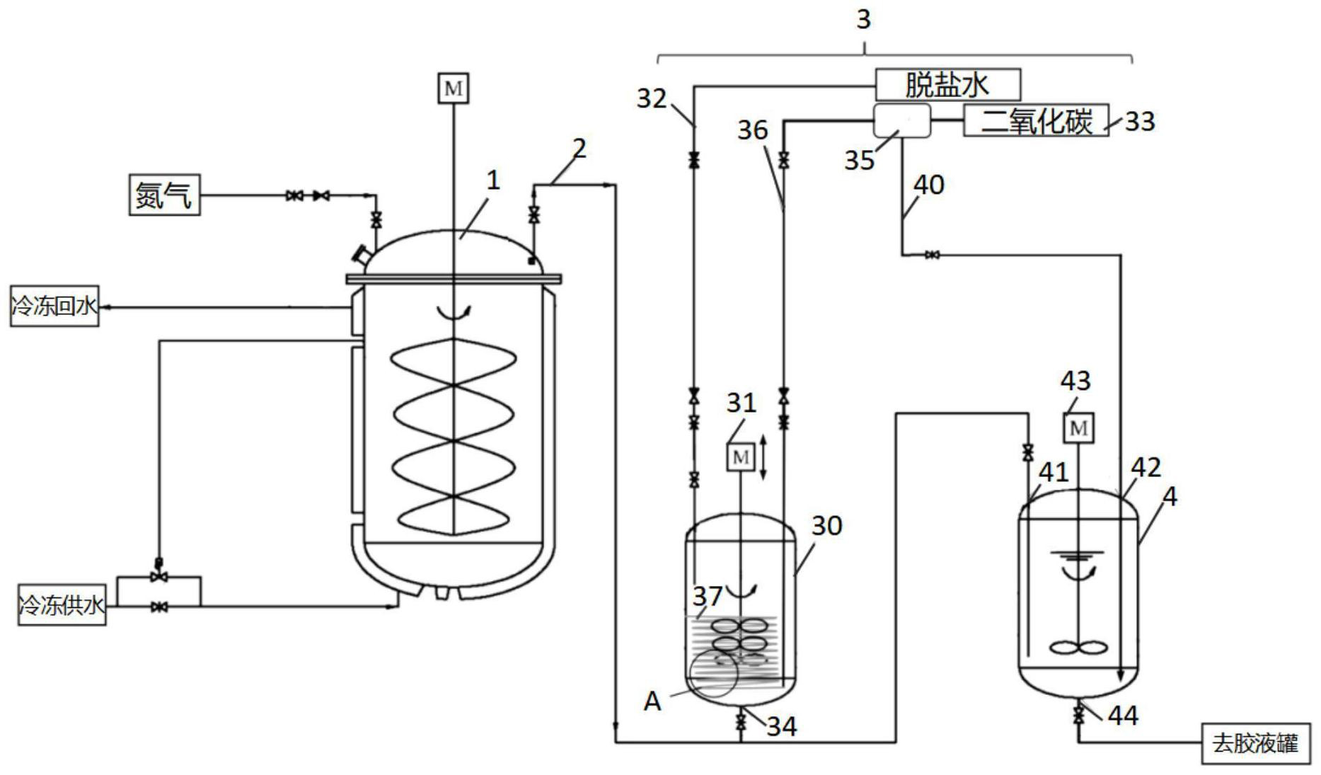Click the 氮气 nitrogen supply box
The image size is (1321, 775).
point(164,195)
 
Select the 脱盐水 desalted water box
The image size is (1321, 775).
point(948,85)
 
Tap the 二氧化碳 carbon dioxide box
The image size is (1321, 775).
point(1036,120)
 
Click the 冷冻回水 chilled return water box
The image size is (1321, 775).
point(54,306)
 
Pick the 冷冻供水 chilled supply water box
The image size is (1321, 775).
point(62,605)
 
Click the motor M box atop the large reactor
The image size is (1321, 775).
point(453,88)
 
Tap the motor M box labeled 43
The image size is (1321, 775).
point(1078,427)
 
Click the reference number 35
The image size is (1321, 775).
point(860,161)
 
